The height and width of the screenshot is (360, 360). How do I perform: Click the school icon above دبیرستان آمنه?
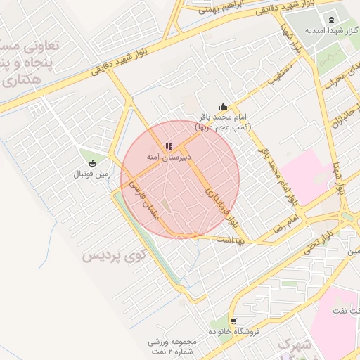click(168, 146)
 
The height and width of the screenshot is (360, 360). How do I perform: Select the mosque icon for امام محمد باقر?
click(224, 107)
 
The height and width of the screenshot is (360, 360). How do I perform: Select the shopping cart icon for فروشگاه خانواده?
click(233, 320)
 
